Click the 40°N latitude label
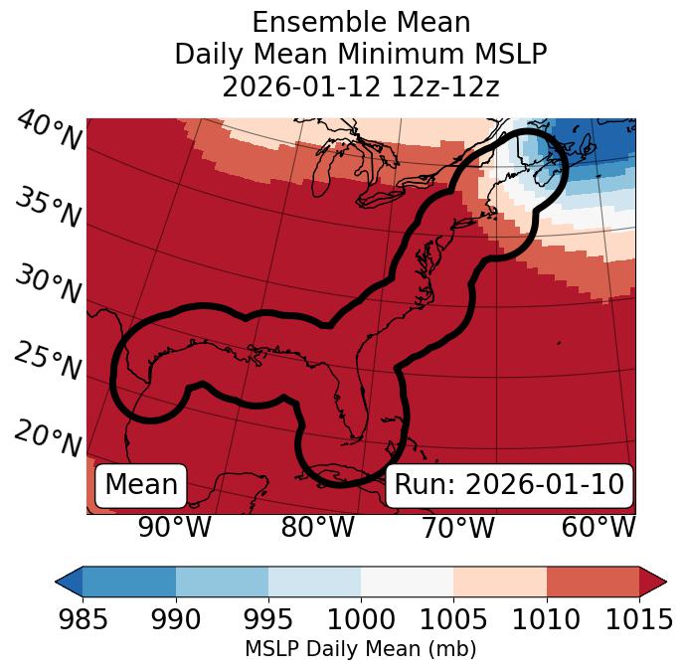[x=48, y=132]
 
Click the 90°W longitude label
[x=174, y=527]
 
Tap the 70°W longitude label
[x=457, y=527]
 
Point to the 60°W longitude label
[x=598, y=527]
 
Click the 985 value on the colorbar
[x=83, y=620]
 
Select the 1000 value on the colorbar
[x=361, y=620]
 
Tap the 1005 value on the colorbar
[x=453, y=620]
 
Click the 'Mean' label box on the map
[x=141, y=485]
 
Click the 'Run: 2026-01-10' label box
[x=509, y=485]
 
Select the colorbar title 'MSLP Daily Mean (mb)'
[x=360, y=649]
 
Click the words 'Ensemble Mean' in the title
[x=360, y=22]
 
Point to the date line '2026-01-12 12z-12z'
[x=360, y=86]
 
